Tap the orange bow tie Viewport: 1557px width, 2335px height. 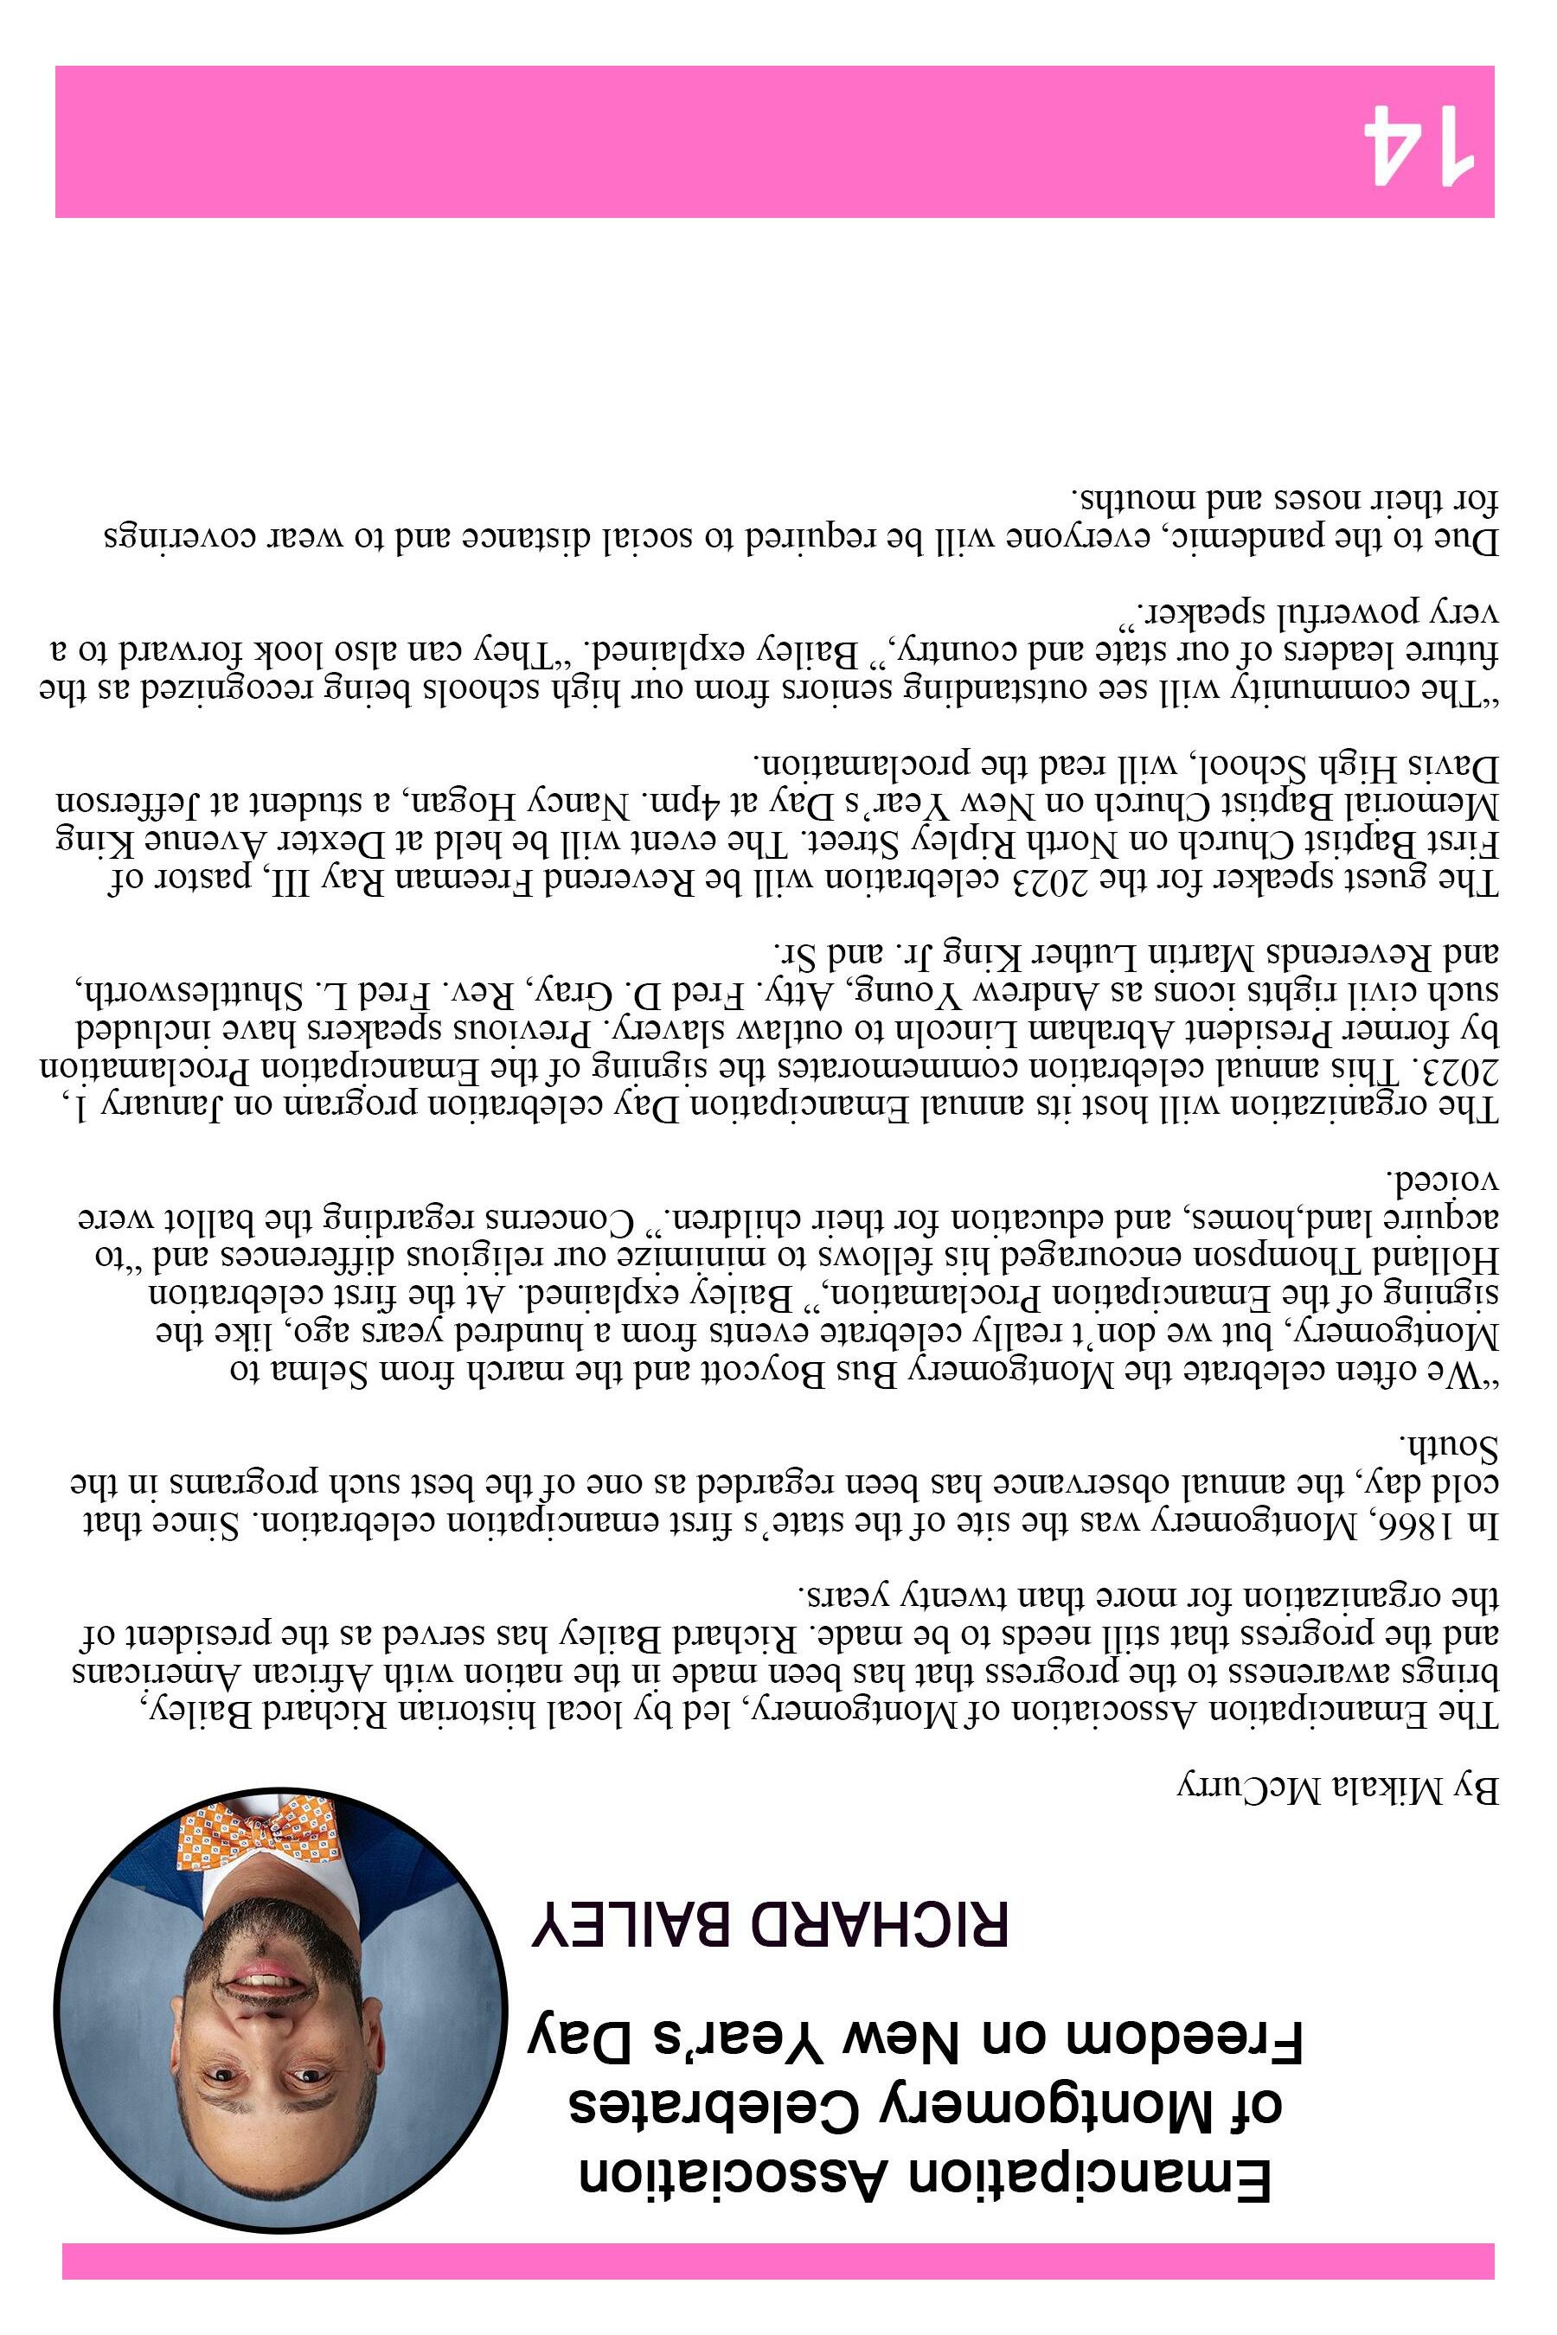click(x=259, y=1833)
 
